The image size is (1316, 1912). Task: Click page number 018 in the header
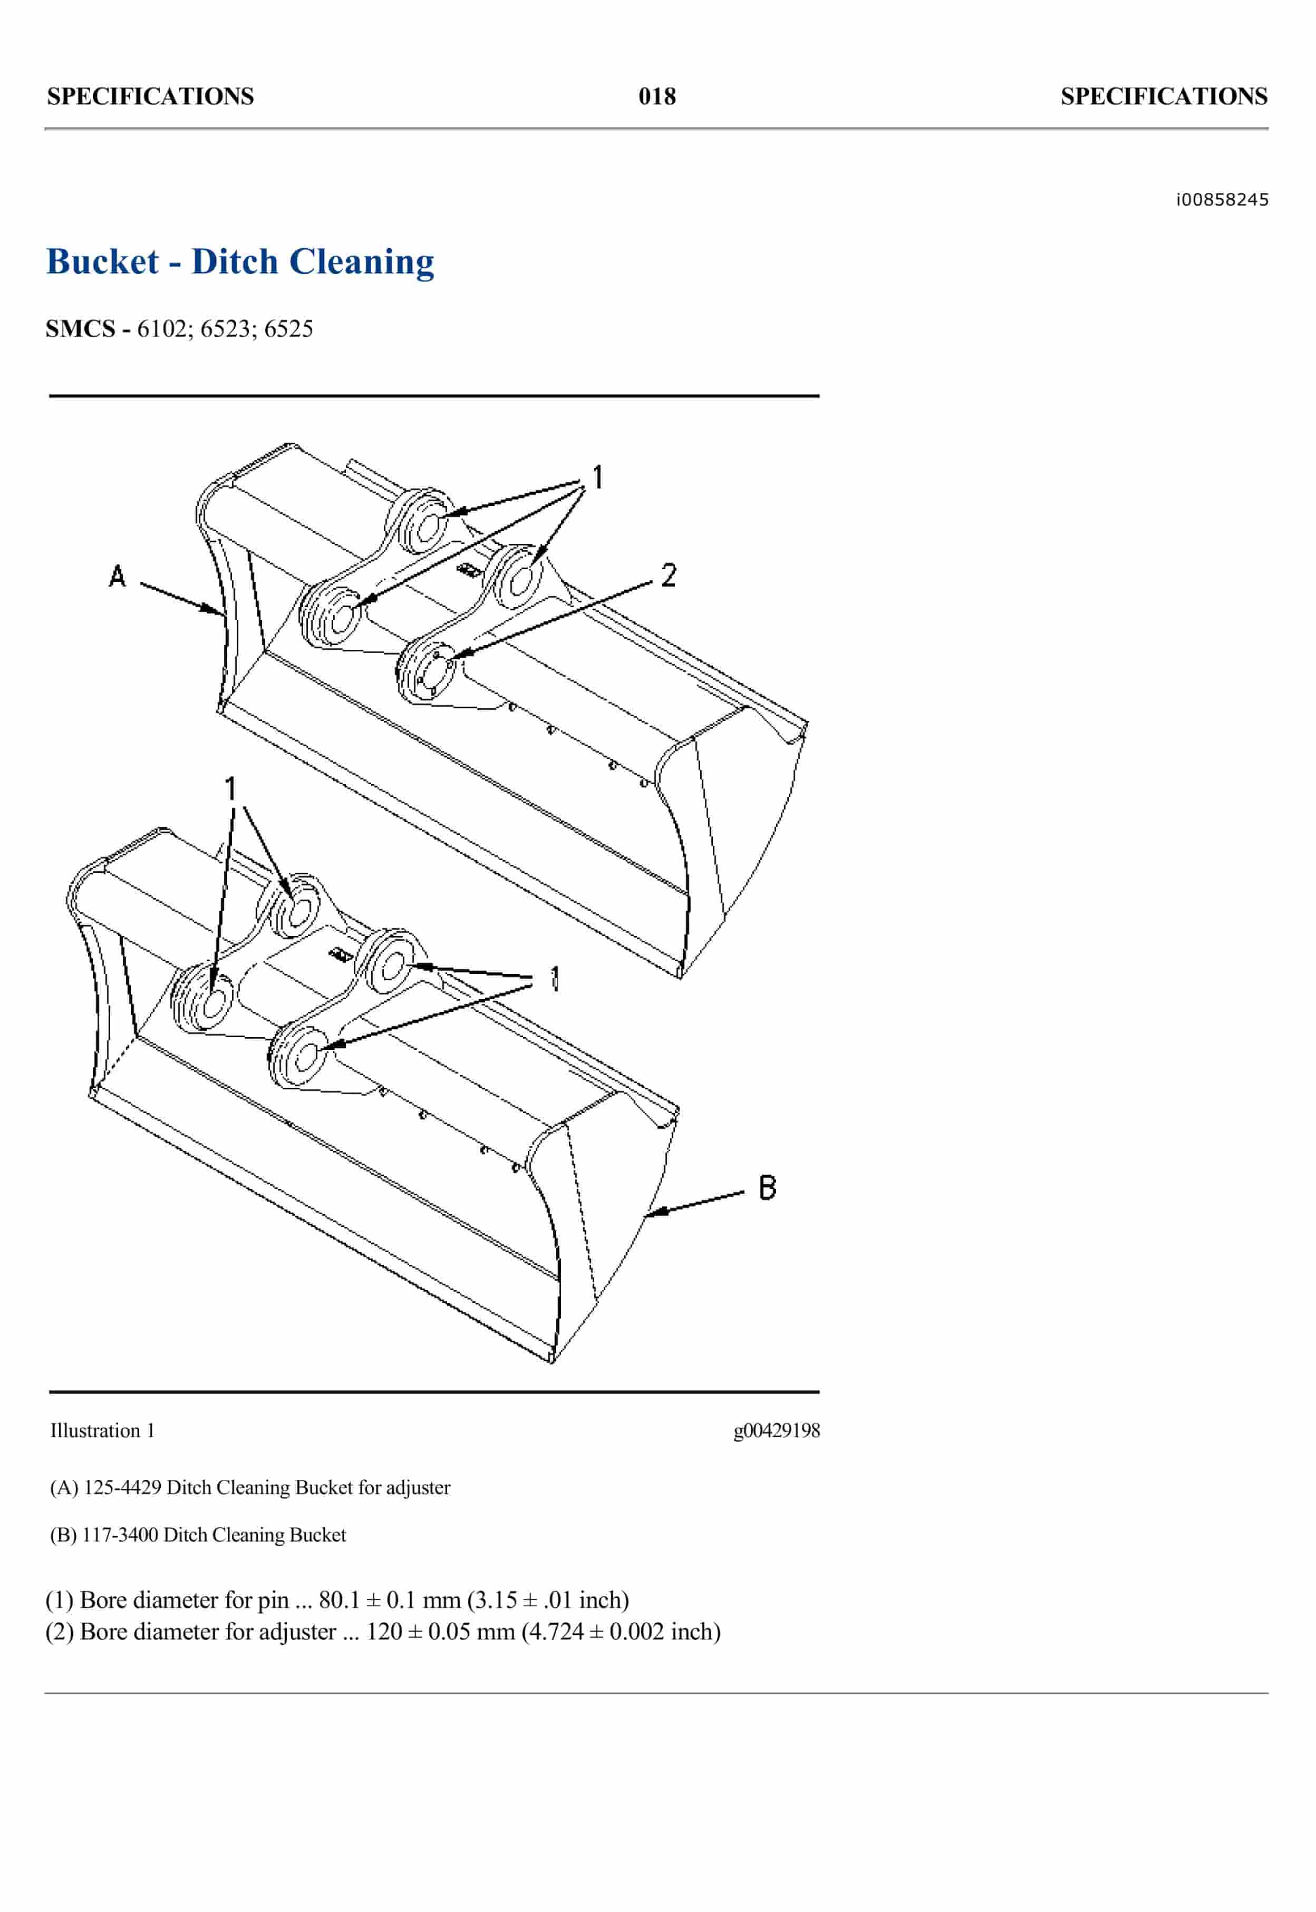click(x=656, y=96)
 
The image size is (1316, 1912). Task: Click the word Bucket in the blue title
click(x=102, y=262)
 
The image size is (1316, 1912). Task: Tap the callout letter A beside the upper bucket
click(x=117, y=575)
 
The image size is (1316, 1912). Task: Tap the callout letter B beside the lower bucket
click(x=767, y=1187)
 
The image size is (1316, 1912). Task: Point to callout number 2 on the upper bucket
click(x=668, y=574)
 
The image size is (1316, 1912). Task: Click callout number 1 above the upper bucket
click(x=598, y=476)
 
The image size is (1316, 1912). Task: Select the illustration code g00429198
click(x=776, y=1431)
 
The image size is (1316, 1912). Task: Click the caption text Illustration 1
click(x=102, y=1431)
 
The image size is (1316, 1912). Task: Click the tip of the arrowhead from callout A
click(x=224, y=614)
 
